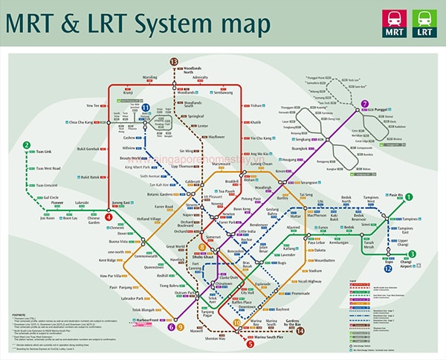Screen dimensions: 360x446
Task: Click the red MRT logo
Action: point(394,23)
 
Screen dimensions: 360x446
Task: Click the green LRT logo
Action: point(424,23)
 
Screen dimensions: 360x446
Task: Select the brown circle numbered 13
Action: point(175,61)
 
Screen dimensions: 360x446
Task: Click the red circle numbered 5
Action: point(251,343)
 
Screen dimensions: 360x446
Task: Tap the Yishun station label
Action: point(256,106)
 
